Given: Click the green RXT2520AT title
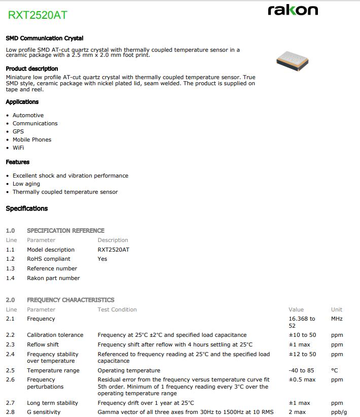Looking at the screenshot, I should pyautogui.click(x=38, y=15).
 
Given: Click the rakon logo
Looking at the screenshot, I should pyautogui.click(x=293, y=10).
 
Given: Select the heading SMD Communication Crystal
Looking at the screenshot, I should pyautogui.click(x=45, y=38).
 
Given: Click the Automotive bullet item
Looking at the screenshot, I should pyautogui.click(x=28, y=115).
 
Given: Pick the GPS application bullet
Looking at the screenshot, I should pyautogui.click(x=18, y=131).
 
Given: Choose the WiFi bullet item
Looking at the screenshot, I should pyautogui.click(x=18, y=148).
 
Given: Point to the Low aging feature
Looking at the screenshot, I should pyautogui.click(x=26, y=184).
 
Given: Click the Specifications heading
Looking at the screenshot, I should pyautogui.click(x=27, y=208).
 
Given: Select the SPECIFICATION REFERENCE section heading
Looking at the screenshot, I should pyautogui.click(x=65, y=230).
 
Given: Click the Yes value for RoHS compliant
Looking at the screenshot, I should pyautogui.click(x=102, y=259).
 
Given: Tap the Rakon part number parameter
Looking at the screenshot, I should pyautogui.click(x=53, y=278).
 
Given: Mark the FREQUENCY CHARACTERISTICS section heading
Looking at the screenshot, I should pyautogui.click(x=70, y=300).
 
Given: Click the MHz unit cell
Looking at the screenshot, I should pyautogui.click(x=337, y=319).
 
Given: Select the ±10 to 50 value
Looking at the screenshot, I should pyautogui.click(x=302, y=335).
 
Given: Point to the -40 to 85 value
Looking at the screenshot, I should pyautogui.click(x=301, y=370).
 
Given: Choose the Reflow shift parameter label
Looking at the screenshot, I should pyautogui.click(x=43, y=344).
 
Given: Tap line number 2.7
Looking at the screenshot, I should pyautogui.click(x=10, y=403).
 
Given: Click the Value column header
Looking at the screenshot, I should pyautogui.click(x=296, y=309).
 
